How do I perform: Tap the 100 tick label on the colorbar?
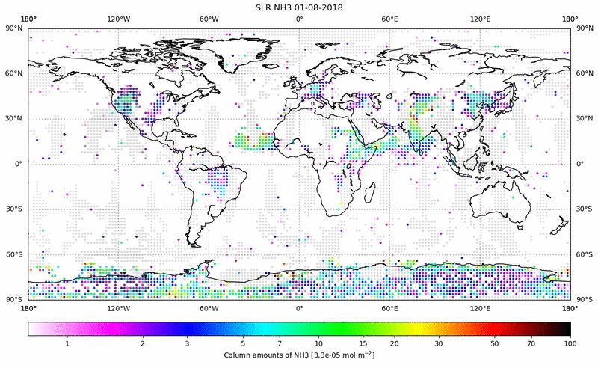click(x=570, y=343)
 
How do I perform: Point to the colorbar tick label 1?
click(x=67, y=343)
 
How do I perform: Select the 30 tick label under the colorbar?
click(x=440, y=343)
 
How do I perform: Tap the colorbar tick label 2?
click(x=142, y=343)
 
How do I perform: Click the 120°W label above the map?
click(x=118, y=19)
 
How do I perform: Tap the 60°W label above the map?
click(x=209, y=19)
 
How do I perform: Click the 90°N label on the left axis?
click(x=14, y=28)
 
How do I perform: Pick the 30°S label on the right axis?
click(x=584, y=209)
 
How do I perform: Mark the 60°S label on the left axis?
click(x=14, y=254)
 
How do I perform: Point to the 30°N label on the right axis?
click(x=584, y=118)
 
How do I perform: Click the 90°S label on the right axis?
click(x=584, y=298)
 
